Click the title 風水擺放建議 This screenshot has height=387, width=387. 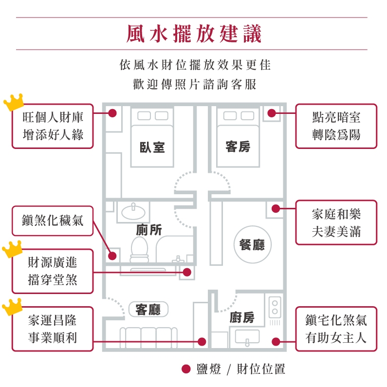click(x=194, y=34)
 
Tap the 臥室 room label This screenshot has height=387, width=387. click(x=152, y=147)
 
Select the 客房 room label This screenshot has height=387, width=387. click(x=238, y=147)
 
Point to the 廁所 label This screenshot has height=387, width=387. click(x=149, y=230)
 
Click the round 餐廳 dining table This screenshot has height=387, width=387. click(x=252, y=244)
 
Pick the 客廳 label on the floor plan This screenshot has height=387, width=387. click(x=148, y=309)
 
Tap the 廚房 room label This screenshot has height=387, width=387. click(x=242, y=317)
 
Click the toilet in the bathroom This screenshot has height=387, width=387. click(x=139, y=250)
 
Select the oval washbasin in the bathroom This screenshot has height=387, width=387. click(x=133, y=212)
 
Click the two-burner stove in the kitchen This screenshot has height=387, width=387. click(x=275, y=307)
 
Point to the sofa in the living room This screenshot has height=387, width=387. click(x=148, y=338)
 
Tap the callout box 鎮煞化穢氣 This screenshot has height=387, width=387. click(x=53, y=221)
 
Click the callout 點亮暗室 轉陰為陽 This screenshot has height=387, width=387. click(x=336, y=126)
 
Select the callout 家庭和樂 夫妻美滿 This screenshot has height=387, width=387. click(x=336, y=222)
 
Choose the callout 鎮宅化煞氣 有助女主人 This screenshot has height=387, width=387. click(x=336, y=329)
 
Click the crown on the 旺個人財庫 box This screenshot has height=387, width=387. click(x=14, y=102)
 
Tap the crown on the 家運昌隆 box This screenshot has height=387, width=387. click(x=12, y=307)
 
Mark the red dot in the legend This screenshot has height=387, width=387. click(x=186, y=369)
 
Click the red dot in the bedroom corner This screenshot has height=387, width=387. click(x=112, y=113)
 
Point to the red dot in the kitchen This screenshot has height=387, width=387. click(x=276, y=342)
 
